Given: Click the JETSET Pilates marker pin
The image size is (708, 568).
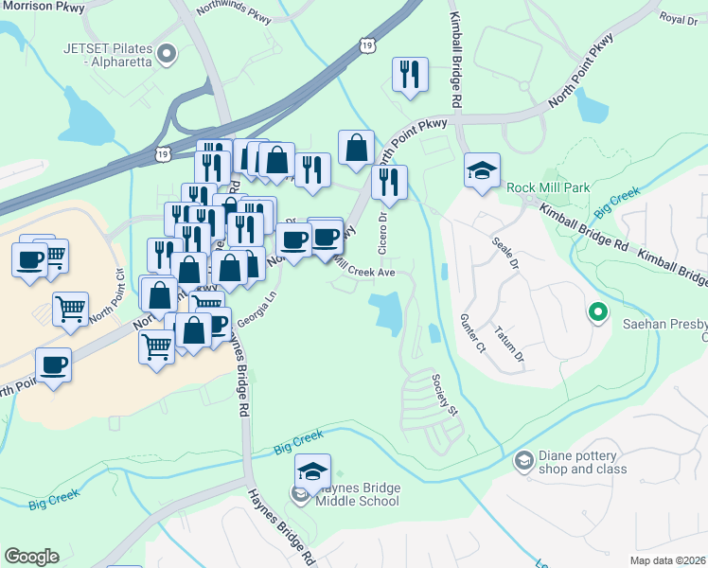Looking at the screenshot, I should click(x=168, y=53).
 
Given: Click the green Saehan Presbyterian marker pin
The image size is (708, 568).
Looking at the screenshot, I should click(x=597, y=311).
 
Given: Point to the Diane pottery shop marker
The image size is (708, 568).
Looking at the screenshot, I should click(x=523, y=461).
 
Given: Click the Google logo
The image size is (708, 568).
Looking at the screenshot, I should click(x=31, y=556).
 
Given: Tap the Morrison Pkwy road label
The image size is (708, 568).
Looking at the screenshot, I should click(x=43, y=8).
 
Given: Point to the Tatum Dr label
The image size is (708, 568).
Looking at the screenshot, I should click(x=508, y=345).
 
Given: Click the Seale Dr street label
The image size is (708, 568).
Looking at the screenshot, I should click(x=505, y=253).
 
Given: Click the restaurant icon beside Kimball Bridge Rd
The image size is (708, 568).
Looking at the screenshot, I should click(x=410, y=75).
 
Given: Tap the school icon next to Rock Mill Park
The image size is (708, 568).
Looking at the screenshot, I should click(x=482, y=171).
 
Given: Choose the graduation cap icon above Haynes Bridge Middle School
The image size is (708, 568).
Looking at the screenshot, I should click(x=312, y=471).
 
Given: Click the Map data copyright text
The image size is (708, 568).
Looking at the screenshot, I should click(x=667, y=559).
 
